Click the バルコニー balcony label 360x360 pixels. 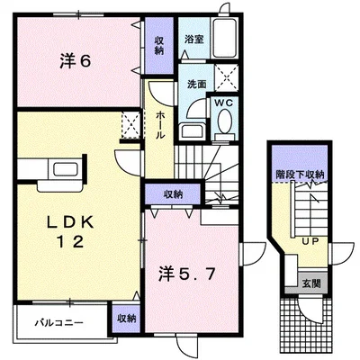pos(59,321)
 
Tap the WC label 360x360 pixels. pos(223,103)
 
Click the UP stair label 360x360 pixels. pos(311,242)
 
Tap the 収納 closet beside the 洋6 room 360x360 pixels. pos(158,45)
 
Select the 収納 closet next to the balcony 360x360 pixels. pos(125,319)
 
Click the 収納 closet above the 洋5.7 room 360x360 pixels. pos(174,193)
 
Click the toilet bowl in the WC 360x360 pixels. pos(223,130)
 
